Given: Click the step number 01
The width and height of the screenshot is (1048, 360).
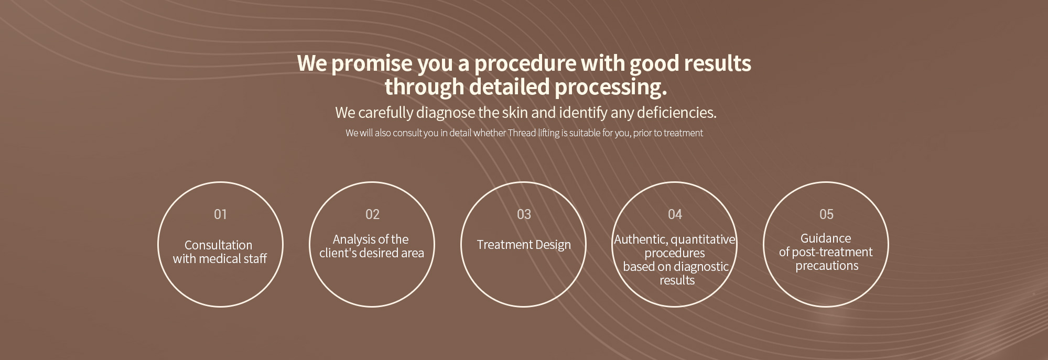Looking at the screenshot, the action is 220,214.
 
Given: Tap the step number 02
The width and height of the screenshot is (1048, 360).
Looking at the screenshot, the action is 372,214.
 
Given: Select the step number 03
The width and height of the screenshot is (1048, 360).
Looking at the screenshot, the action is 524,214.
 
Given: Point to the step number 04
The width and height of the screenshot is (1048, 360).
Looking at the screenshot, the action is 675,214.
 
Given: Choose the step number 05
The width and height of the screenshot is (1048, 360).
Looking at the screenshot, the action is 826,214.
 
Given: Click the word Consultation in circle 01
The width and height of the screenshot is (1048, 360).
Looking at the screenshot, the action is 218,245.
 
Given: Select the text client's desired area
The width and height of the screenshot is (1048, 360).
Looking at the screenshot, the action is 372,254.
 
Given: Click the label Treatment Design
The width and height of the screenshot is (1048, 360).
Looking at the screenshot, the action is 524,245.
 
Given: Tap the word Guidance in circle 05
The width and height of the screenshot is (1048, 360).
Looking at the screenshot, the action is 826,239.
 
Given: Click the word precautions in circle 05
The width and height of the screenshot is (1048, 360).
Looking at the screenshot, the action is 827,266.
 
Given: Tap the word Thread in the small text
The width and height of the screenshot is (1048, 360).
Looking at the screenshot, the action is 522,133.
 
